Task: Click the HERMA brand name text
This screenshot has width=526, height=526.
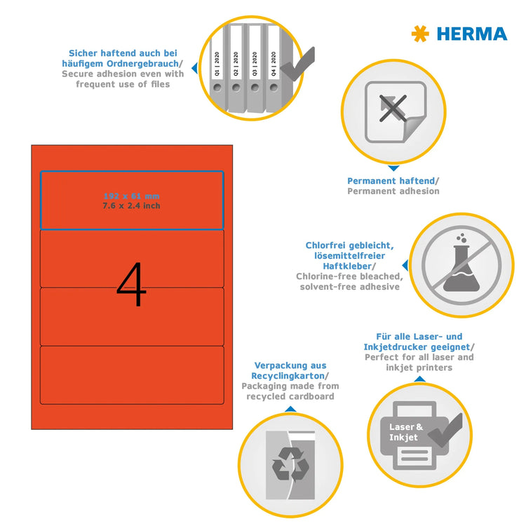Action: click(471, 34)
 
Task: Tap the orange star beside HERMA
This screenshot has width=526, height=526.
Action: click(420, 33)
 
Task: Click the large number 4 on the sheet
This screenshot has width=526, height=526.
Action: click(131, 285)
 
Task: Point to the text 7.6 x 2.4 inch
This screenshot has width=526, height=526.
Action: click(131, 205)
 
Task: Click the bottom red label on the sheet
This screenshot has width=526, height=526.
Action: click(131, 376)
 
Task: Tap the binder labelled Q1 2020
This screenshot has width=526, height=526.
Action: click(220, 70)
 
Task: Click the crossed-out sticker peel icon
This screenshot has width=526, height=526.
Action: click(394, 112)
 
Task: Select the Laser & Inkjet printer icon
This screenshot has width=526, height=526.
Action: click(418, 435)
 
